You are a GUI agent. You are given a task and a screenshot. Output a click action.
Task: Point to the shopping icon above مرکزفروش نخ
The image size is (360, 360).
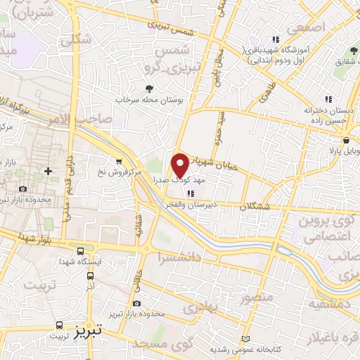(x=118, y=161)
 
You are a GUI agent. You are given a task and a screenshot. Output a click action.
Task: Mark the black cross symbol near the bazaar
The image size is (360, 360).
(x=48, y=171)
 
